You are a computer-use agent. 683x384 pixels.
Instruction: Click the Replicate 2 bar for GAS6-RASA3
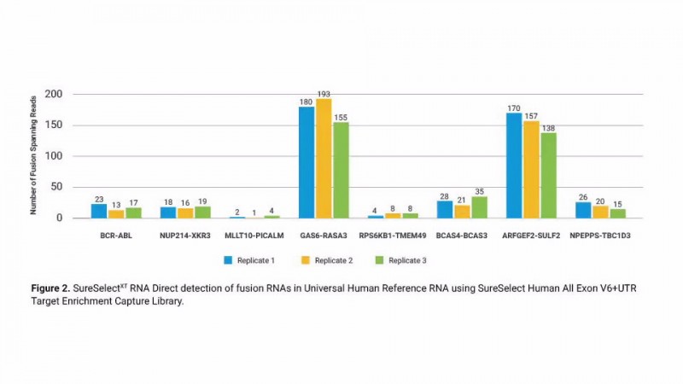coord(324,159)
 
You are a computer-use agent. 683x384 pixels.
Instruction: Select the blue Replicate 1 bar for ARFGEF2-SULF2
coord(514,166)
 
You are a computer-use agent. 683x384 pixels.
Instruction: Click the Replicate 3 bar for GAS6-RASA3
coord(341,171)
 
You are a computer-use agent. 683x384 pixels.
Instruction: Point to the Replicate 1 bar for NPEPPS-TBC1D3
coord(583,210)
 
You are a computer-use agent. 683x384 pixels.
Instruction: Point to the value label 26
coord(583,195)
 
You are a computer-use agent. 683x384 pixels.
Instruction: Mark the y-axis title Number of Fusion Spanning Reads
coord(33,156)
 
